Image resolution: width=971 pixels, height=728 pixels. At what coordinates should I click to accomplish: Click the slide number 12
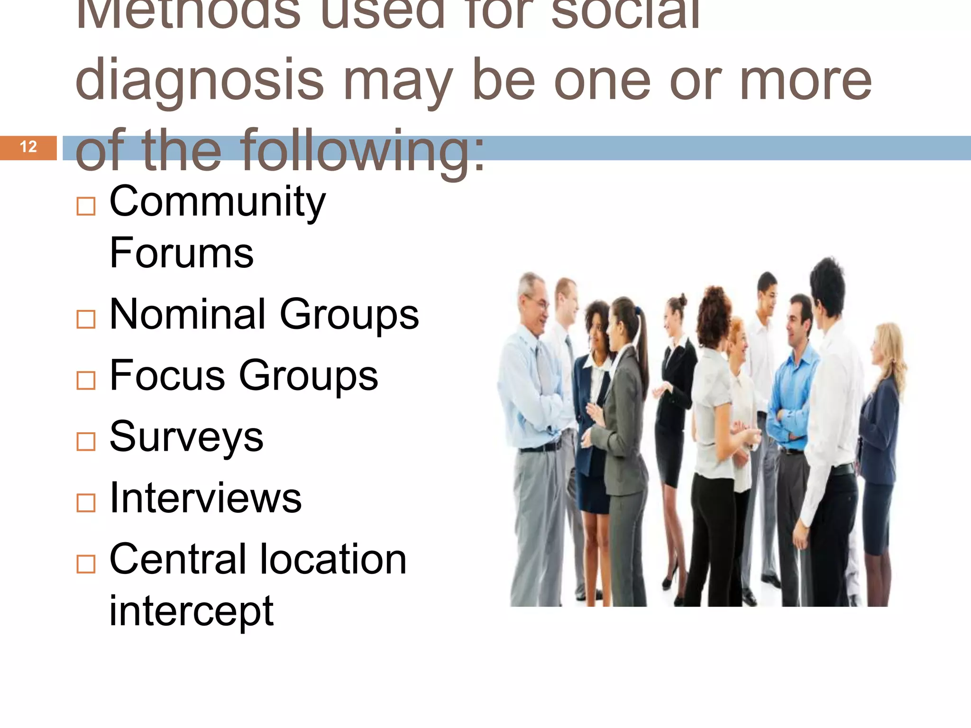28,147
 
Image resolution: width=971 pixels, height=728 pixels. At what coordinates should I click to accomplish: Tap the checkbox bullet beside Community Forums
86,206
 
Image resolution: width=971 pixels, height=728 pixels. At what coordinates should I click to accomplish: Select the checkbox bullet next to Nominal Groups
86,319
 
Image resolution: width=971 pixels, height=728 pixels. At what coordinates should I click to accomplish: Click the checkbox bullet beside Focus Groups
86,380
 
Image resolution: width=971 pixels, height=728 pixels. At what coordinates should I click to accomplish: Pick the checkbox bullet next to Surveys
86,441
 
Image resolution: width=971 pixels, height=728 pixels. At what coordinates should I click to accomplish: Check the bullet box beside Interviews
86,502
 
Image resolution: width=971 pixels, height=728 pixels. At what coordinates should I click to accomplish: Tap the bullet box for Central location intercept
86,564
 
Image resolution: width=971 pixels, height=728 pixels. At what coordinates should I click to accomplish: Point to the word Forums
181,253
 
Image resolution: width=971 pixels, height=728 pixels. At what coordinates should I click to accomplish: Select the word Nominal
187,314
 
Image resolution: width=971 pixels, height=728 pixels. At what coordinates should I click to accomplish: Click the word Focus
167,375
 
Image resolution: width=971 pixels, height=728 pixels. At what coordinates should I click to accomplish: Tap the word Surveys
186,437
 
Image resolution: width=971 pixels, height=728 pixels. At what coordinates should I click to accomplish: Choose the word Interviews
205,498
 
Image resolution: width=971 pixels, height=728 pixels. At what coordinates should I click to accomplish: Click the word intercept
191,611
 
